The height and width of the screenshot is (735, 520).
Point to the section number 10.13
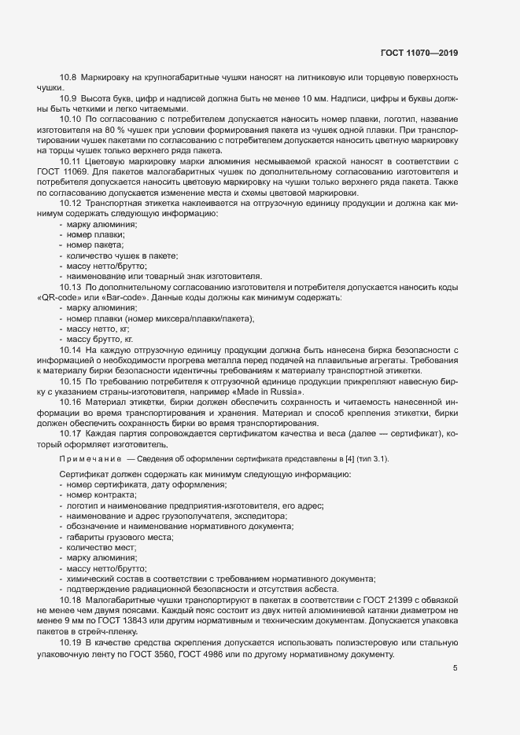click(71, 287)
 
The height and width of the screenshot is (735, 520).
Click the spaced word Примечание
click(87, 458)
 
